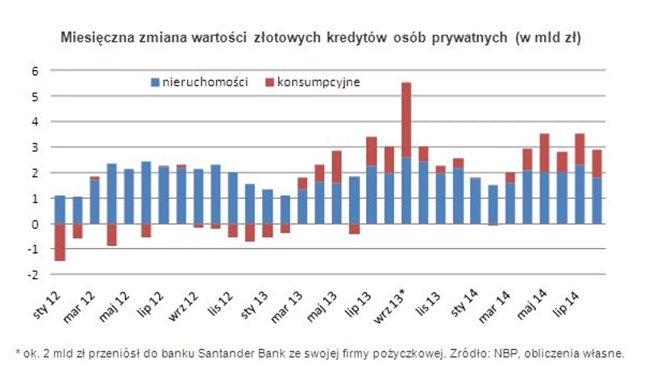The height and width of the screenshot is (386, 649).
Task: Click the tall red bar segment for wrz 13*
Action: point(406,119)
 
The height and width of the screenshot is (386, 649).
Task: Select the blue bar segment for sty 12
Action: point(60,210)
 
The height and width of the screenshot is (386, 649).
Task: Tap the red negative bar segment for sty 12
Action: point(60,242)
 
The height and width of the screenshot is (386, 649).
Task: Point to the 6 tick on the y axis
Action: point(35,71)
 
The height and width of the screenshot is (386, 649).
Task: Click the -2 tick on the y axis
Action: point(33,275)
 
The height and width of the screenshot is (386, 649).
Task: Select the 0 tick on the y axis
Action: point(35,224)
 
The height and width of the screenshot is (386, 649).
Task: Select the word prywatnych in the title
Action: point(474,38)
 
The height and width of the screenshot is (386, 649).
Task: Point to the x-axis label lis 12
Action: point(218,302)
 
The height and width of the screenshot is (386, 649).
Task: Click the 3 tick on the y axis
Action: point(35,147)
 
